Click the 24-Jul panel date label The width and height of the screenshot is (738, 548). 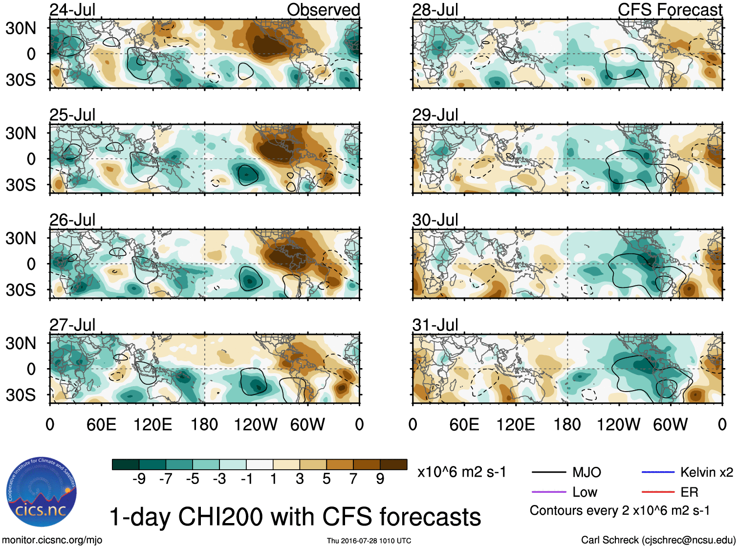[x=72, y=10]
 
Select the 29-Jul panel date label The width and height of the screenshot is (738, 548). [x=435, y=115]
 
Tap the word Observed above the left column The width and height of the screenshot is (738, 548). [x=323, y=10]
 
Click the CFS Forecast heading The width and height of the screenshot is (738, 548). [x=670, y=10]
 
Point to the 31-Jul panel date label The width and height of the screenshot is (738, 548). [x=435, y=325]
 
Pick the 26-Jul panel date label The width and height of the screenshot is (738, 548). [x=72, y=220]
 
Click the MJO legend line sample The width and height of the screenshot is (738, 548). [x=548, y=472]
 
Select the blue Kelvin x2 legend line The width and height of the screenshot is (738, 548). [x=658, y=472]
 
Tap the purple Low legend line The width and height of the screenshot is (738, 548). [x=548, y=492]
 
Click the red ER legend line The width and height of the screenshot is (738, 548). [x=658, y=492]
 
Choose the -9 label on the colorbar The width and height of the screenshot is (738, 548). [x=139, y=479]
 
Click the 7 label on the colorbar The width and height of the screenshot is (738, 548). [x=353, y=479]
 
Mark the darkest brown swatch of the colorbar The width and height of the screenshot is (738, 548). [x=393, y=464]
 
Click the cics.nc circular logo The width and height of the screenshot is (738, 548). [x=41, y=492]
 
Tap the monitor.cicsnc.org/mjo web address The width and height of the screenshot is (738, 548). [x=52, y=540]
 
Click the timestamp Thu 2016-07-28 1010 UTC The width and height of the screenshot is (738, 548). [x=369, y=541]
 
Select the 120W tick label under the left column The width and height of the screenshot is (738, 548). [x=255, y=424]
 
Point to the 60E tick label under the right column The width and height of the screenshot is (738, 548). [x=464, y=424]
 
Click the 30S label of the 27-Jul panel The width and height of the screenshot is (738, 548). [x=21, y=395]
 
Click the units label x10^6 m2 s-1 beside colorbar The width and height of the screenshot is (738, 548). [x=461, y=472]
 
